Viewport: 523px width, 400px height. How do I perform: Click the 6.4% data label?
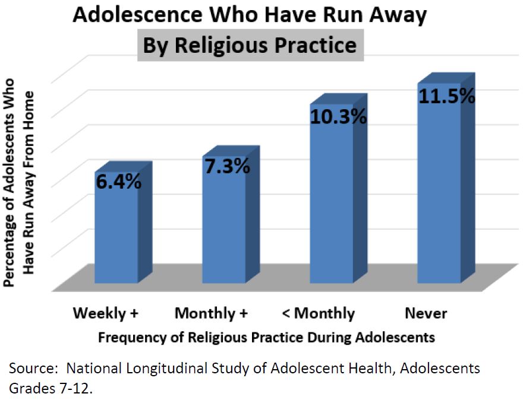tap(118, 182)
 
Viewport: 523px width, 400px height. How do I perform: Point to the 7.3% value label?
tap(226, 167)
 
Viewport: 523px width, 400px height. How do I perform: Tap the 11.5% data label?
tap(446, 96)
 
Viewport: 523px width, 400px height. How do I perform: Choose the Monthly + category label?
tap(211, 313)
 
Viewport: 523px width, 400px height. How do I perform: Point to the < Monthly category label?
tap(316, 313)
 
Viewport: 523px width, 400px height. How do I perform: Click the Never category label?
tap(426, 313)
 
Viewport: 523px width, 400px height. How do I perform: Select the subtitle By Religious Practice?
tap(250, 46)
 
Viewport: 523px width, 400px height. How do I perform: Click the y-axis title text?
tap(18, 190)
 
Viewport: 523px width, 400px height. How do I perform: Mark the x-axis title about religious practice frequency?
tap(266, 338)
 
